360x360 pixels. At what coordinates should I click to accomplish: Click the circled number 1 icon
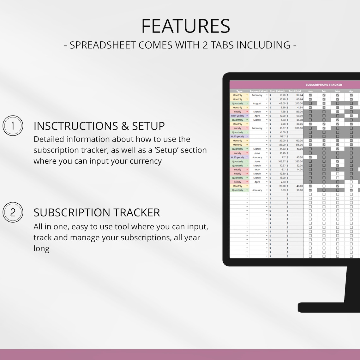(x=13, y=126)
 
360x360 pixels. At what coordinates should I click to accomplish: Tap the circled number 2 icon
(x=13, y=212)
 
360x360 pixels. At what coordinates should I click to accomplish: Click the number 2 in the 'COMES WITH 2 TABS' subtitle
(x=205, y=45)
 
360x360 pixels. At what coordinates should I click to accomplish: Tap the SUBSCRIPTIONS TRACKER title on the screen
(x=323, y=85)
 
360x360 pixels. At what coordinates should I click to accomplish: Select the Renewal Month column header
(x=259, y=91)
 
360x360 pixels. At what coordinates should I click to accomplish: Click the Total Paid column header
(x=295, y=91)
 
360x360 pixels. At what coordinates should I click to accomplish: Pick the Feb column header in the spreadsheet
(x=324, y=91)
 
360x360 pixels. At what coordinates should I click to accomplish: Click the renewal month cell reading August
(x=257, y=103)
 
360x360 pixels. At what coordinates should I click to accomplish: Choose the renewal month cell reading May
(x=257, y=170)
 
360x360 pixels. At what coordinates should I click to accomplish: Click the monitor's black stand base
(x=328, y=307)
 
